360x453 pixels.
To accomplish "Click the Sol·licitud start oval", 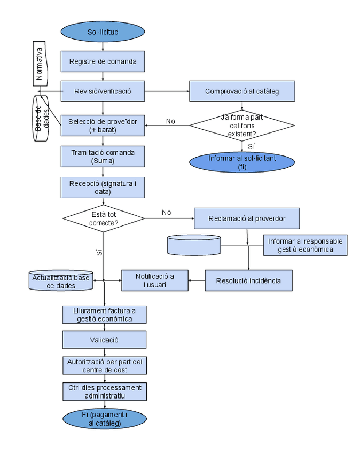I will [x=103, y=32].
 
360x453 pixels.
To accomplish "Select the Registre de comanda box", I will [x=103, y=61].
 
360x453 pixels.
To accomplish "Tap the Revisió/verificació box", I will [x=103, y=91].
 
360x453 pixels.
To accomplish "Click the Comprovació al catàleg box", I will [x=241, y=91].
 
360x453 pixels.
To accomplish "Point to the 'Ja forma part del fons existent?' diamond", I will [x=241, y=126].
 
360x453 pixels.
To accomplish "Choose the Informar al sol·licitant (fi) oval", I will [x=241, y=162].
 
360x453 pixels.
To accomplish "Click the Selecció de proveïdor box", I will [x=103, y=126].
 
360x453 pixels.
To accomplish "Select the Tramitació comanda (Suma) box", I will [x=103, y=157].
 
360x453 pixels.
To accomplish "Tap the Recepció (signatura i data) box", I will [x=103, y=188].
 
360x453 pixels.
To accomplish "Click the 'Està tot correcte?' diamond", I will [x=104, y=218].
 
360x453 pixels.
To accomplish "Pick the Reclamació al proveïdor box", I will [x=246, y=218].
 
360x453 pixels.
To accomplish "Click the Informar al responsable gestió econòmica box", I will [x=305, y=245].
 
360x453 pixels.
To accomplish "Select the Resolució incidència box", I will [x=248, y=280].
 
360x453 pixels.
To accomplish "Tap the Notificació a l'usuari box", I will [x=155, y=280].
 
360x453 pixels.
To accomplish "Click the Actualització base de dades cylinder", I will [x=60, y=281].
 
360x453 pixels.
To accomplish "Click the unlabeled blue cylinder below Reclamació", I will [x=194, y=245].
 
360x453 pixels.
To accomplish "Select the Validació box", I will [x=104, y=340].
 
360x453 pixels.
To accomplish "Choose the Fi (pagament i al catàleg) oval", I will [x=105, y=419].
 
